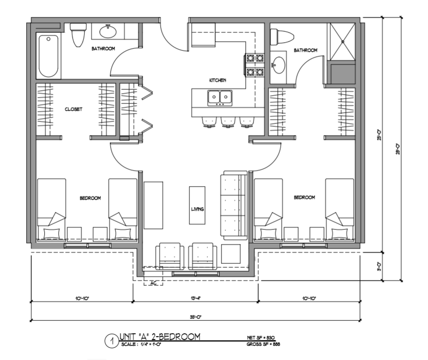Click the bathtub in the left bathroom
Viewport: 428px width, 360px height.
[x=49, y=56]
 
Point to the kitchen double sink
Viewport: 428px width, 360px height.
[x=220, y=98]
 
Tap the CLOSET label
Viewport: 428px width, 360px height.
[x=73, y=109]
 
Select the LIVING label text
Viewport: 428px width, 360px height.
[x=196, y=209]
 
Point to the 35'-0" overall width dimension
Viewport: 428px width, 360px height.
[x=196, y=317]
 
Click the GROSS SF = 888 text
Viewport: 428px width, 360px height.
[x=264, y=344]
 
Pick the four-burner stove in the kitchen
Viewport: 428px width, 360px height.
[x=255, y=66]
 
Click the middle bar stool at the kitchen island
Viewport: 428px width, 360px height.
[x=226, y=122]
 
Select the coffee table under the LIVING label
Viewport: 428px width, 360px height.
[x=197, y=205]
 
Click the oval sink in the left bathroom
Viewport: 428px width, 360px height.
[x=108, y=32]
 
